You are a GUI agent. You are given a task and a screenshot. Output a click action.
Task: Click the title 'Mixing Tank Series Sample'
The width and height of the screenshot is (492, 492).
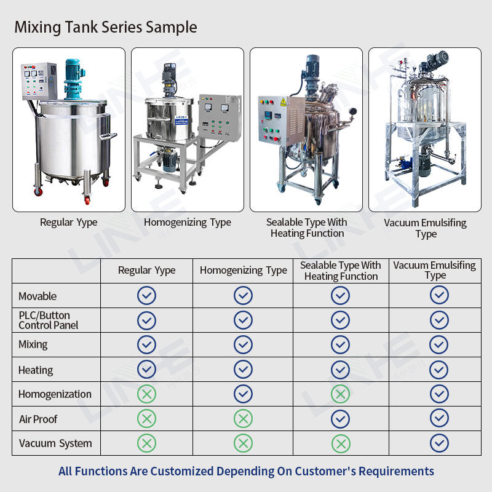click(106, 27)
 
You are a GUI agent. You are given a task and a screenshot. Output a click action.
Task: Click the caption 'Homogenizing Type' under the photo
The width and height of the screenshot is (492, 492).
click(188, 223)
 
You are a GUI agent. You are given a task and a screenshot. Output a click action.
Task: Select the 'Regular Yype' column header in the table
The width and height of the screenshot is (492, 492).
click(146, 271)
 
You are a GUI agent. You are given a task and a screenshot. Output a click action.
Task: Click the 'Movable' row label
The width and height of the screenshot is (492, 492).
click(38, 296)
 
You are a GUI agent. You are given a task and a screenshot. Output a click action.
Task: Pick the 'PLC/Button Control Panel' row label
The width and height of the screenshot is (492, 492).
click(49, 320)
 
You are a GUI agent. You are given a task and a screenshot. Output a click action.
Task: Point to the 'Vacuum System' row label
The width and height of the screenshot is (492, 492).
click(55, 443)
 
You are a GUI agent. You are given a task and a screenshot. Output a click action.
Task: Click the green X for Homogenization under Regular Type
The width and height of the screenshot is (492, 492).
click(146, 394)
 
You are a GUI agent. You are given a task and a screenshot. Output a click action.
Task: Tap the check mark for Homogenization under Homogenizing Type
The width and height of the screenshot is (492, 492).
click(244, 394)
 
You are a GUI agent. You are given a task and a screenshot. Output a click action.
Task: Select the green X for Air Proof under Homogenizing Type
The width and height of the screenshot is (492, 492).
click(244, 419)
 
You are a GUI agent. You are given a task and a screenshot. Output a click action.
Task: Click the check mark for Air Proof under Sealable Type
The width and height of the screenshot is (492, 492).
click(341, 419)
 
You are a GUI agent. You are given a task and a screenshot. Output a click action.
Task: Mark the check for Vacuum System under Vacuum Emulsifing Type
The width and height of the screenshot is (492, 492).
click(439, 443)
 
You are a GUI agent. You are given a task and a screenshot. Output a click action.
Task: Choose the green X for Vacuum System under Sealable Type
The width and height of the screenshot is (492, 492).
click(341, 443)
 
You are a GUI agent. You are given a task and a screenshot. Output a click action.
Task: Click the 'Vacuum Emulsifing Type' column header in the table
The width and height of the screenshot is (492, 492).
click(435, 271)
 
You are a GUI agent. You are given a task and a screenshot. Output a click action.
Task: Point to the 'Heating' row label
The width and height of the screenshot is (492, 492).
click(36, 370)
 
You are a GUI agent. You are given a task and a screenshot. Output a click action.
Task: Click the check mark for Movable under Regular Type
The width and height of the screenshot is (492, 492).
click(146, 296)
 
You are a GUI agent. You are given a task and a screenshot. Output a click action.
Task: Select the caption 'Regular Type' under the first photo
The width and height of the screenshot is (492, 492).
click(68, 223)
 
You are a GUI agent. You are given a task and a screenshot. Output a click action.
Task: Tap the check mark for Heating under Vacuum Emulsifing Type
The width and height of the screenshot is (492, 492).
click(439, 370)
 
